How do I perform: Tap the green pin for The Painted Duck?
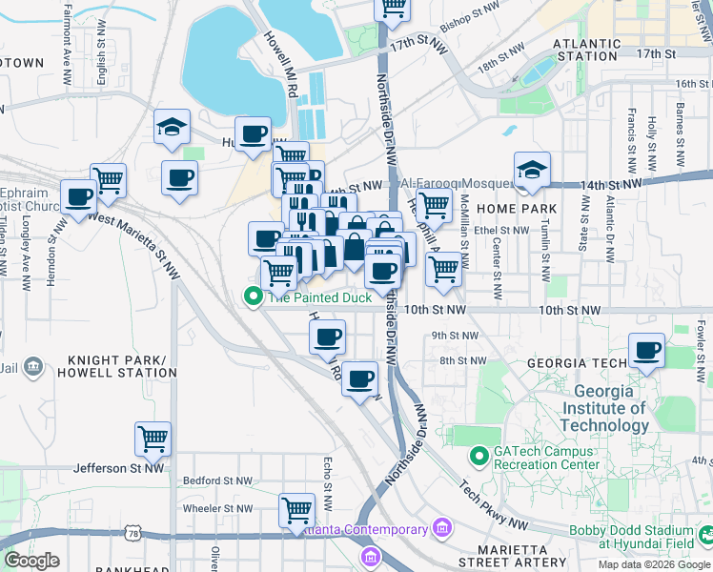253,297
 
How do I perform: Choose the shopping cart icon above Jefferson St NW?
153,439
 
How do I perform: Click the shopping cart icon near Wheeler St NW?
297,510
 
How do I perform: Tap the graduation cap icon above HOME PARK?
532,170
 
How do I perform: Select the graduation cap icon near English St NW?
173,127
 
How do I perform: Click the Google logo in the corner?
31,561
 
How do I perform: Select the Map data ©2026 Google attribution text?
653,564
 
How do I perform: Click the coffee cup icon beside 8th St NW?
359,379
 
